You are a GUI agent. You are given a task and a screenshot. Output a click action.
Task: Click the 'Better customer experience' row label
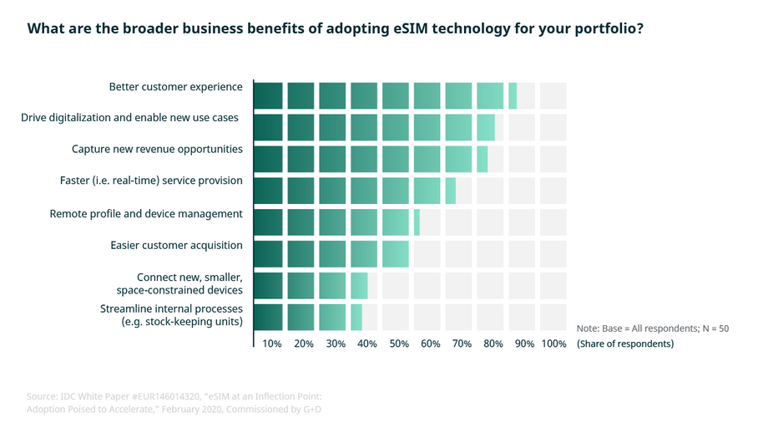(175, 87)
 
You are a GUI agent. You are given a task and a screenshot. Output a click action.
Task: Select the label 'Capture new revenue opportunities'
(157, 150)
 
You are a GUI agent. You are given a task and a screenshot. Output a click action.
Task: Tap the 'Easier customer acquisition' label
(176, 245)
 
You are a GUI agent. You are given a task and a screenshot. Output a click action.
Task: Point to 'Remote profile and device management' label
(146, 214)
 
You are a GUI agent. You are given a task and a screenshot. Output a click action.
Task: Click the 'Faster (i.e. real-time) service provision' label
(151, 181)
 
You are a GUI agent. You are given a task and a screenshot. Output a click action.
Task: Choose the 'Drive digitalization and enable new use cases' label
(129, 118)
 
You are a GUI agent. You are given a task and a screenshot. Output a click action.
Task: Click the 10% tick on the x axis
(271, 344)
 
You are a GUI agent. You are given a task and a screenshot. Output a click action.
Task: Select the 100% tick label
(553, 344)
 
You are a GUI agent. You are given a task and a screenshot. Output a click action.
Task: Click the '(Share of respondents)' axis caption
(625, 344)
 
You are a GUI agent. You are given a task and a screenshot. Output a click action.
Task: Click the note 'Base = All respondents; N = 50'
(653, 329)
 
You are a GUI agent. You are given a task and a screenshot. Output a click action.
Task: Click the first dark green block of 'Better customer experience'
(269, 95)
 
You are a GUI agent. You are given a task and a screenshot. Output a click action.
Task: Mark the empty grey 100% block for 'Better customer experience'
(553, 95)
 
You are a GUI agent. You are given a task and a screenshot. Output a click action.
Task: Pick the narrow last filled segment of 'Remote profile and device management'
(417, 222)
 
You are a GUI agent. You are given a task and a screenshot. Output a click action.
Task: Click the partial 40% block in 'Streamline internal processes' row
(356, 317)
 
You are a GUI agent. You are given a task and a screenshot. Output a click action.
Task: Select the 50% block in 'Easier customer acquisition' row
(396, 253)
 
